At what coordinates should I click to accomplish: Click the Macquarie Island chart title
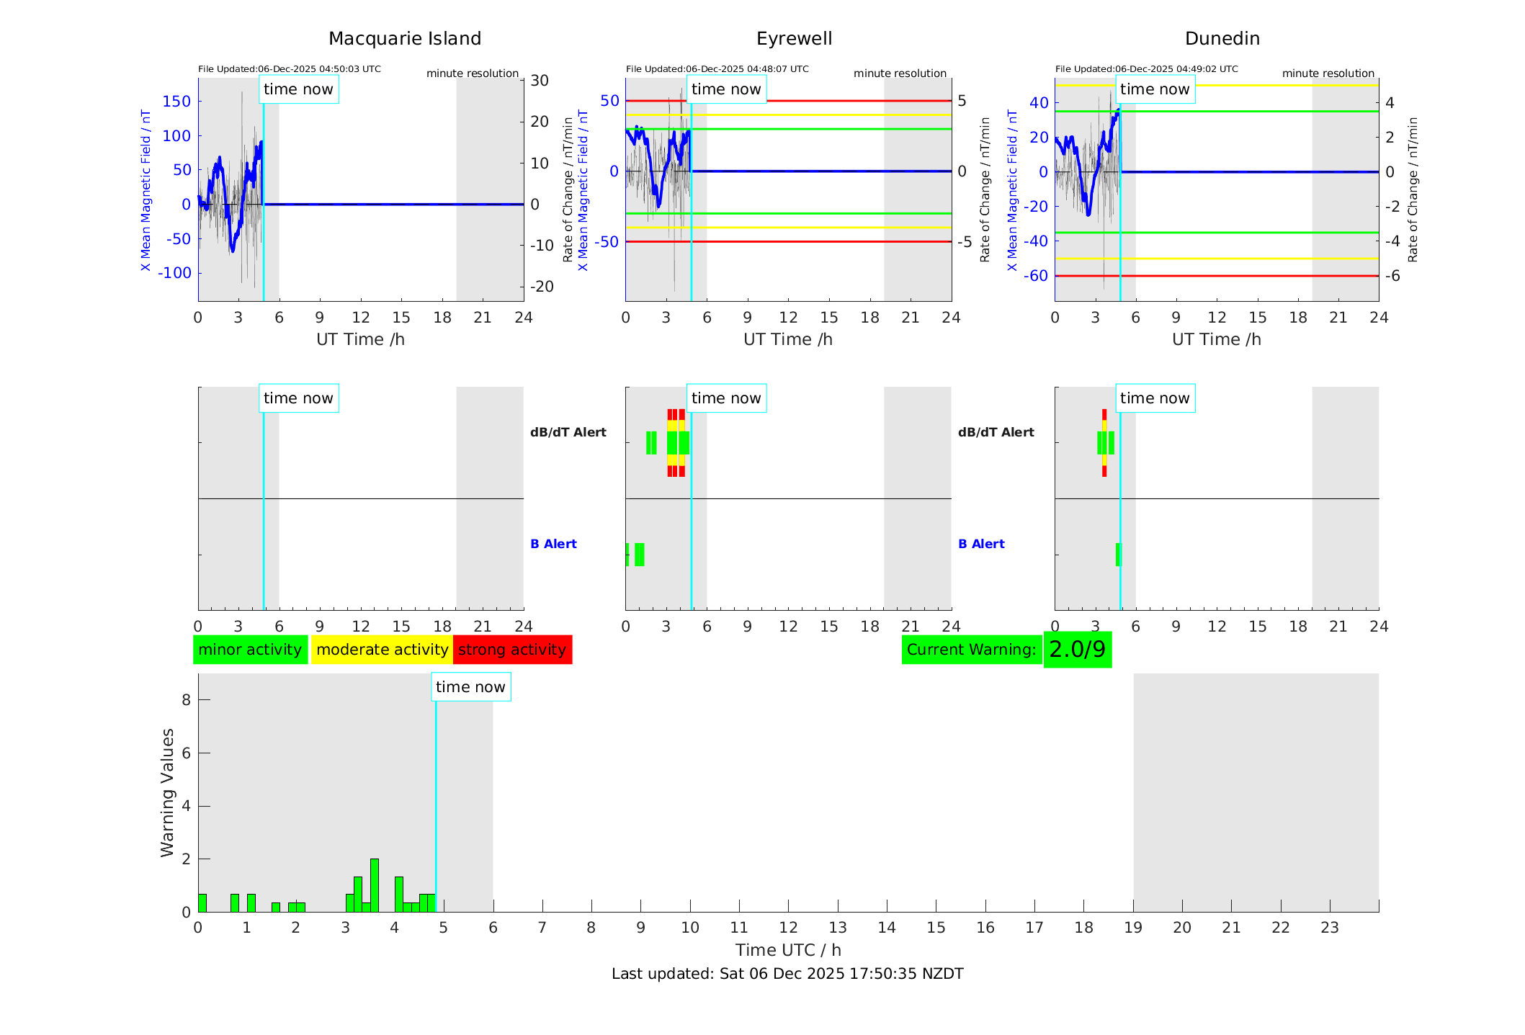tap(404, 39)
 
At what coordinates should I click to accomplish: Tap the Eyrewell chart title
tap(794, 39)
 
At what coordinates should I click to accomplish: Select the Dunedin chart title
tap(1222, 39)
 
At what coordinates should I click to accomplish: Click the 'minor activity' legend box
tap(250, 650)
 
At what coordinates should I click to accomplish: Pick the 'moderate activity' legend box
tap(382, 650)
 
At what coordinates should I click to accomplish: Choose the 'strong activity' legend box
tap(512, 650)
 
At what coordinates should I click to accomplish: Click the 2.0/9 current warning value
tap(1077, 650)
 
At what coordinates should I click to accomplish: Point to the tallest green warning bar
tap(375, 885)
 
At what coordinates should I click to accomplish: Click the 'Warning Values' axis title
tap(167, 792)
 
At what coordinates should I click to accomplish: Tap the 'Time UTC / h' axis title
tap(788, 950)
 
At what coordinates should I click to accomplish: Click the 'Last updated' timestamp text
tap(787, 974)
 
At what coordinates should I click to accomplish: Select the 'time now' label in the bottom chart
tap(470, 687)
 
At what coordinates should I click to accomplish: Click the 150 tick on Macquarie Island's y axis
tap(177, 102)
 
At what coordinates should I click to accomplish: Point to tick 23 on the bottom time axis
tap(1329, 928)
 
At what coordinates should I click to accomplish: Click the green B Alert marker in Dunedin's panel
tap(1118, 555)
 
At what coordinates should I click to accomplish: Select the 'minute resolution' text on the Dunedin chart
tap(1328, 73)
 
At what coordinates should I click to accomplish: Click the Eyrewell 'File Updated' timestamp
tap(717, 69)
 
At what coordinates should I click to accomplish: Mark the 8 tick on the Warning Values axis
tap(187, 699)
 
